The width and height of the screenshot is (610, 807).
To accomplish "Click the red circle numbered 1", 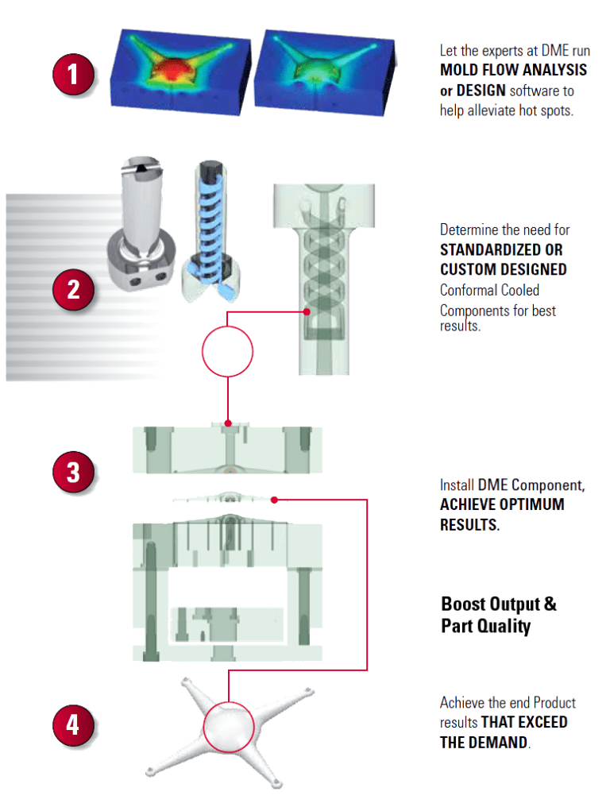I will click(74, 76).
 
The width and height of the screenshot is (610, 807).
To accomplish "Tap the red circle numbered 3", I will click(74, 472).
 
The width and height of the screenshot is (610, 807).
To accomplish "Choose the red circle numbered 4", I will click(74, 725).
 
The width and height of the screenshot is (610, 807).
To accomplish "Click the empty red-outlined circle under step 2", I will click(228, 350).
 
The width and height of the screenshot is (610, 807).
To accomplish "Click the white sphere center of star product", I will click(228, 725).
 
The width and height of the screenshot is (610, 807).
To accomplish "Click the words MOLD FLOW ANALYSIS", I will click(513, 70).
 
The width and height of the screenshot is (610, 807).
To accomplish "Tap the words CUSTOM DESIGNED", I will click(503, 270).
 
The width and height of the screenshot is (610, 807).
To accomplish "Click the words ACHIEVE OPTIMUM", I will click(502, 504).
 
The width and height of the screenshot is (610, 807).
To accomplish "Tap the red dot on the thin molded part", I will click(274, 500).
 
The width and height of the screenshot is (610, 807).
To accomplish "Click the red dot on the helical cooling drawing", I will click(307, 312).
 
